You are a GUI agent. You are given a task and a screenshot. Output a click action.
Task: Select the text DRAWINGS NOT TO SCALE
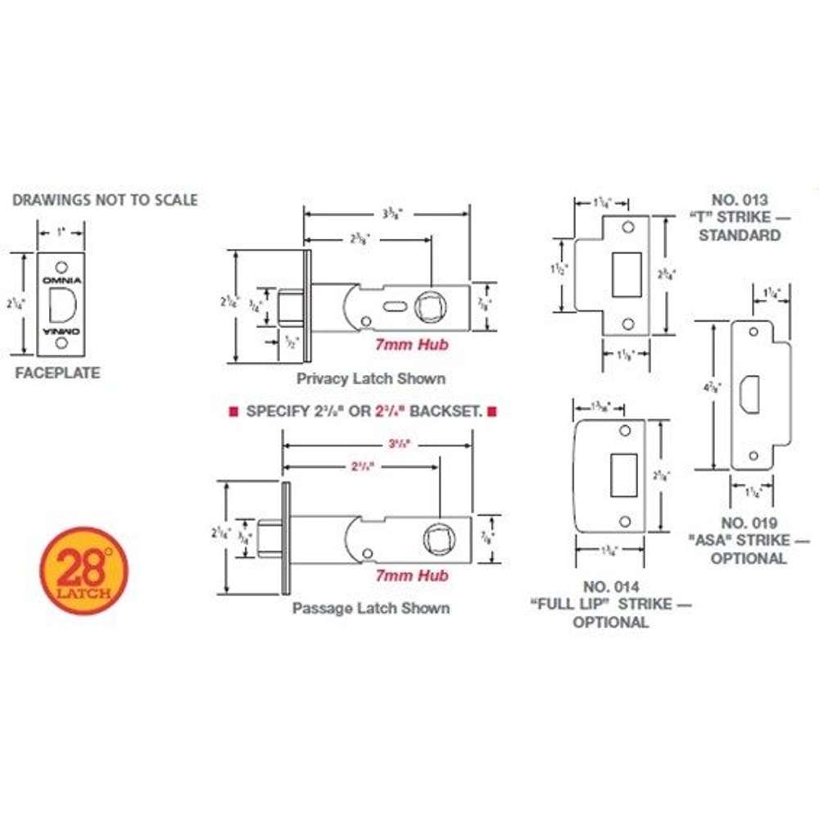click(x=105, y=200)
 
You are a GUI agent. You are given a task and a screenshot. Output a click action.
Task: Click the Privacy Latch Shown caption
click(x=371, y=378)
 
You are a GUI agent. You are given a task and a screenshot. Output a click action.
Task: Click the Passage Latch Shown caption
click(x=371, y=609)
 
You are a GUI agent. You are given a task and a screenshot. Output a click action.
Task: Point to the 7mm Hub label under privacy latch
click(x=411, y=345)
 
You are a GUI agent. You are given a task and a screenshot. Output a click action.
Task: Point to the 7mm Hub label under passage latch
click(x=411, y=576)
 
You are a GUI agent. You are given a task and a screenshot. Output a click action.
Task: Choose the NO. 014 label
click(x=610, y=586)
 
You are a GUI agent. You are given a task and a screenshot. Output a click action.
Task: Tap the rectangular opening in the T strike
click(x=626, y=274)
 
